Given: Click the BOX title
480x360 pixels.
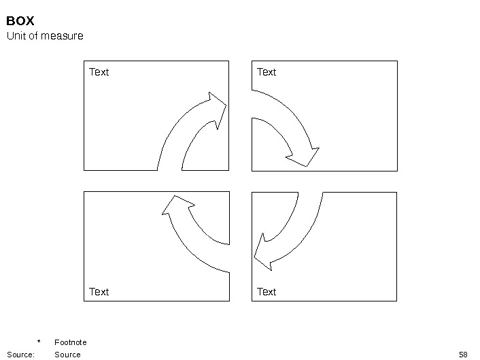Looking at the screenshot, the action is tap(20, 22).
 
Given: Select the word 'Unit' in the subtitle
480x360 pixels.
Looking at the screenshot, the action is tap(16, 35).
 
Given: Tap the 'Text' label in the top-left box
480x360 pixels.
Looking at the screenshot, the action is tap(99, 72).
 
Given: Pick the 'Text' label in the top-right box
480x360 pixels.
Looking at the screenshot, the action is tap(267, 72).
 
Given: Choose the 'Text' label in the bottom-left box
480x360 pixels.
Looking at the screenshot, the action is tap(99, 292).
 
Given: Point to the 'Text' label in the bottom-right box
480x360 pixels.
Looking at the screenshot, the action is tap(267, 292).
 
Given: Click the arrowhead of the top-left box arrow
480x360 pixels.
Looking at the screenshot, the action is tap(217, 108).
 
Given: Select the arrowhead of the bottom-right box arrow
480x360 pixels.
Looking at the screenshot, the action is tap(262, 252).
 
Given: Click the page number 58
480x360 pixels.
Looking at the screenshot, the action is tap(464, 355).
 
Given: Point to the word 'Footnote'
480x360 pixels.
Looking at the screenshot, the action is tap(71, 342).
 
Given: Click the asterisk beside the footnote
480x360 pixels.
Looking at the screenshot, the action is tap(39, 342).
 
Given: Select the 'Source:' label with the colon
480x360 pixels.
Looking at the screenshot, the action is tap(20, 355).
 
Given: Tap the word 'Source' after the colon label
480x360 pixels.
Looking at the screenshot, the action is tap(67, 355).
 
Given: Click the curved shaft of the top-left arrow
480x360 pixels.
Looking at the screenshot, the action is tap(175, 140).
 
